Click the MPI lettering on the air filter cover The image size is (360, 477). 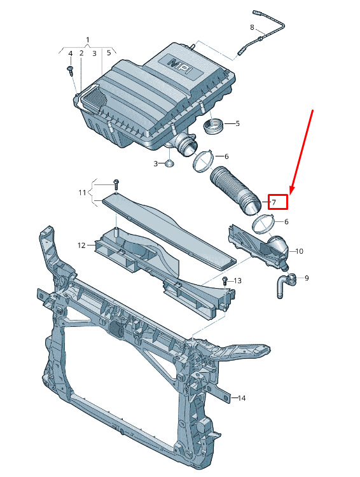pos(183,66)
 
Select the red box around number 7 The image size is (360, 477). pos(277,202)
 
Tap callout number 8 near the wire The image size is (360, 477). pos(252,28)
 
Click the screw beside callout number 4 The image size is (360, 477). pos(71,70)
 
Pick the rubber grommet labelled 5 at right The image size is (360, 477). pos(213,126)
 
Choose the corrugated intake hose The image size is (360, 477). pos(235,191)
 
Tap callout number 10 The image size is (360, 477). pos(299,251)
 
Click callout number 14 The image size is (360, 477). pos(241,398)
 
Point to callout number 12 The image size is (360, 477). pos(81,245)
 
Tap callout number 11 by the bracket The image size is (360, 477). pos(83,193)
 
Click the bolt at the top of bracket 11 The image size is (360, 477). pos(116,184)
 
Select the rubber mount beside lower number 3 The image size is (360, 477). pos(169,163)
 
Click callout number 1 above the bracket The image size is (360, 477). pos(88,40)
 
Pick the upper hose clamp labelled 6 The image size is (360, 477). pos(204,162)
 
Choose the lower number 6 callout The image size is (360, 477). pos(286,222)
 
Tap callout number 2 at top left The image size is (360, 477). pos(81,53)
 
